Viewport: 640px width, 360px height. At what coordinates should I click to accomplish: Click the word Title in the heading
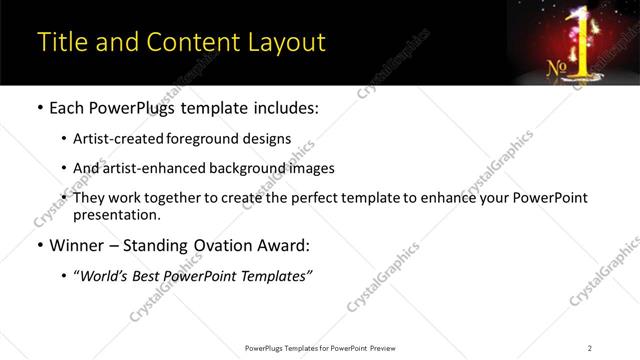(x=59, y=43)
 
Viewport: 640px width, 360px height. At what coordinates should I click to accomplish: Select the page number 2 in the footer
(x=590, y=347)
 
